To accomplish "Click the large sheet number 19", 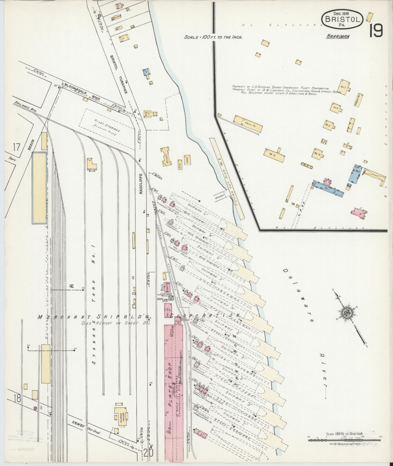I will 376,31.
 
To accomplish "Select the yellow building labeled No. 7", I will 342,87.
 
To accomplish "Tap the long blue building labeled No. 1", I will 328,188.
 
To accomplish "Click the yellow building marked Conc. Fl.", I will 248,124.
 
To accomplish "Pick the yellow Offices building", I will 166,157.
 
